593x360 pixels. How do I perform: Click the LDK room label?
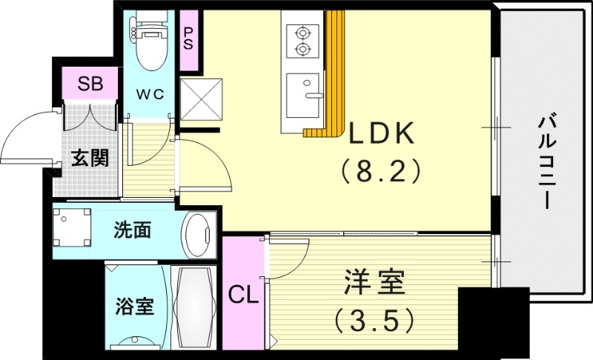tap(381, 133)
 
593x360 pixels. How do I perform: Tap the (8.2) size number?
tap(381, 172)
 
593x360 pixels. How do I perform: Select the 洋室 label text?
tap(374, 284)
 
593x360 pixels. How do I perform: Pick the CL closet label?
tap(243, 296)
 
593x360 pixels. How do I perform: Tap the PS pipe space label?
tap(188, 38)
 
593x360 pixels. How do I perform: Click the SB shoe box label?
tap(92, 82)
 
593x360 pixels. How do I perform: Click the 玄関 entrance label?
tap(90, 158)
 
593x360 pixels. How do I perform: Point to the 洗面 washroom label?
tap(133, 230)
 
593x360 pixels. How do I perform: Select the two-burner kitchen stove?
tap(302, 41)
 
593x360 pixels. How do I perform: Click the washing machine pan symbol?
tap(73, 229)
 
